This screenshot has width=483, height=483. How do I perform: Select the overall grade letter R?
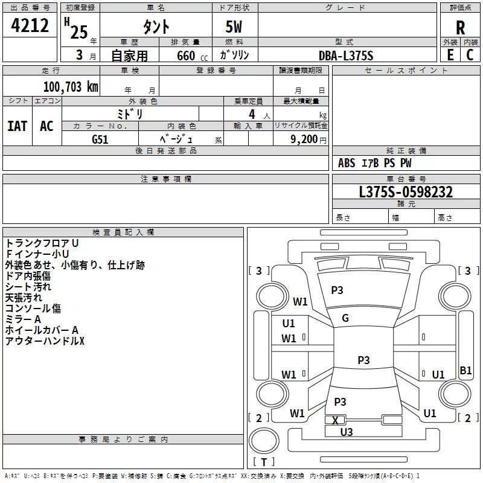pyautogui.click(x=460, y=28)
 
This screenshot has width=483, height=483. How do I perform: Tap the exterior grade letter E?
pyautogui.click(x=450, y=54)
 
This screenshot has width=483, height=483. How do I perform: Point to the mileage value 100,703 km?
pyautogui.click(x=71, y=86)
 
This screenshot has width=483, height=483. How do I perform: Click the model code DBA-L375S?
pyautogui.click(x=346, y=55)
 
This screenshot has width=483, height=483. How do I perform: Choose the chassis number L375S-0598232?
pyautogui.click(x=406, y=192)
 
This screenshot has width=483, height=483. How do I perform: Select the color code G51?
pyautogui.click(x=100, y=139)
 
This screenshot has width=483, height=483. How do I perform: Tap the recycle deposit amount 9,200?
pyautogui.click(x=304, y=139)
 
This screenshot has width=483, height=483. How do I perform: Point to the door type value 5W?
pyautogui.click(x=235, y=28)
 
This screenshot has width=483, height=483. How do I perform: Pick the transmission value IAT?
pyautogui.click(x=17, y=126)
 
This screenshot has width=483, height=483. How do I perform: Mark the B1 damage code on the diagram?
pyautogui.click(x=465, y=371)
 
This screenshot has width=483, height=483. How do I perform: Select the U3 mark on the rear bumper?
pyautogui.click(x=347, y=432)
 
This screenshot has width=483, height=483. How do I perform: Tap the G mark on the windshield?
pyautogui.click(x=345, y=318)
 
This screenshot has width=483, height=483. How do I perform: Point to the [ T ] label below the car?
pyautogui.click(x=263, y=462)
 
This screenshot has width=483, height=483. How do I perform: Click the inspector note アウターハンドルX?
pyautogui.click(x=45, y=342)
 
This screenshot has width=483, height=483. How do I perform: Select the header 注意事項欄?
pyautogui.click(x=165, y=179)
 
